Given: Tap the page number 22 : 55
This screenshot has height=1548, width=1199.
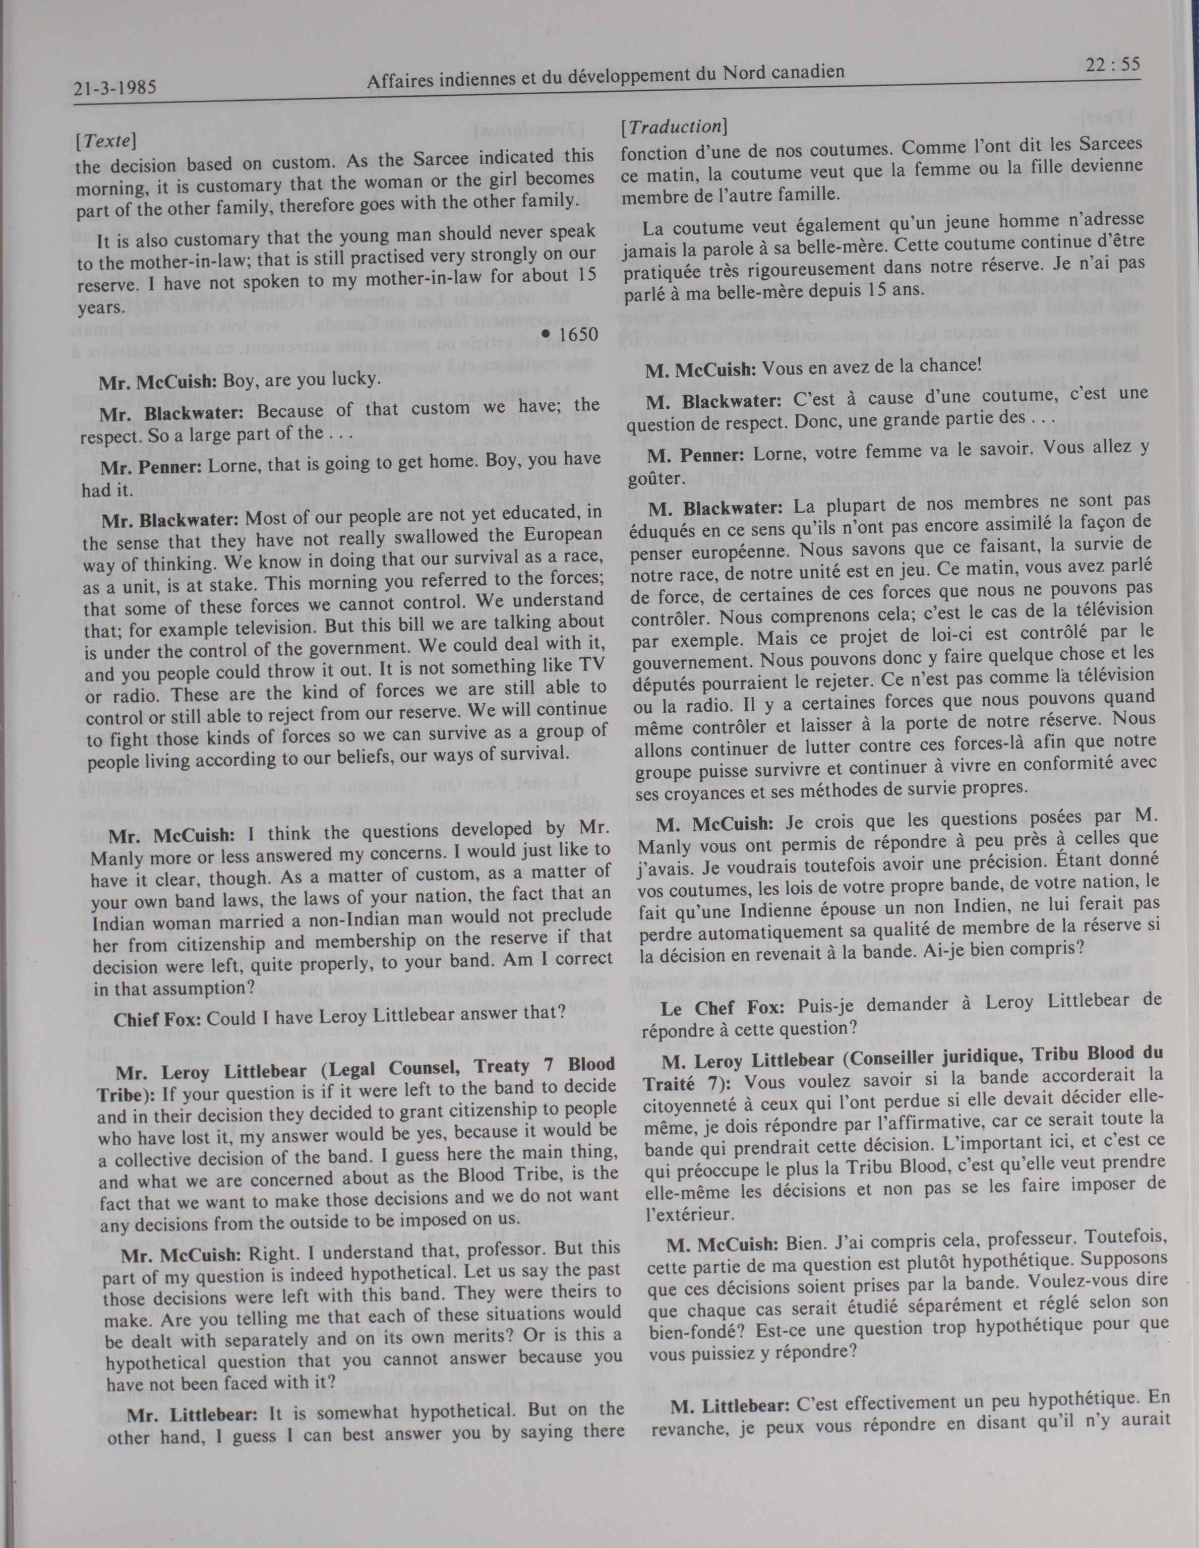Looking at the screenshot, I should pos(1111,65).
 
